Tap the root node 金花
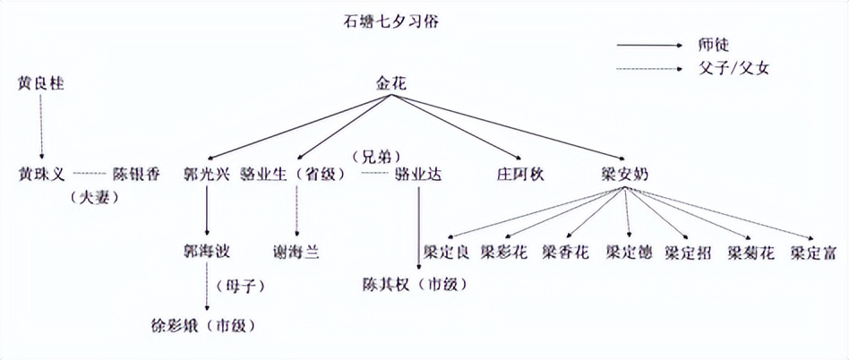(x=391, y=82)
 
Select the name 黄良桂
(x=42, y=83)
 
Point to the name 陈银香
(x=137, y=174)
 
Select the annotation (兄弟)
(x=375, y=153)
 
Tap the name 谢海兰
(x=296, y=251)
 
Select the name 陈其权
(x=386, y=286)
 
